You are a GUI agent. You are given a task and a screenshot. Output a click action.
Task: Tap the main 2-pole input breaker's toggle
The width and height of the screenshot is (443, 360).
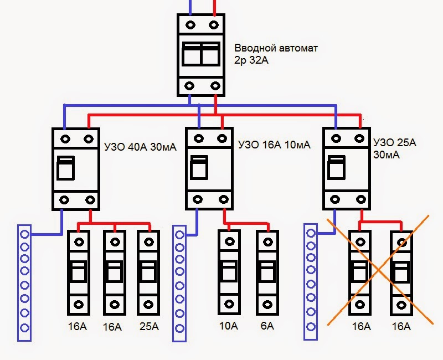click(x=201, y=55)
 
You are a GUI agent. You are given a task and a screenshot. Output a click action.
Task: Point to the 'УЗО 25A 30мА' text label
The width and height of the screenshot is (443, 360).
click(x=395, y=148)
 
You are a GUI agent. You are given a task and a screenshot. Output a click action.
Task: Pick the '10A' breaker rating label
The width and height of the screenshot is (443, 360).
click(x=227, y=327)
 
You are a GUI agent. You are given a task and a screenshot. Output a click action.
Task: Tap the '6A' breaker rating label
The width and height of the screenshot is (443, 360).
click(x=266, y=327)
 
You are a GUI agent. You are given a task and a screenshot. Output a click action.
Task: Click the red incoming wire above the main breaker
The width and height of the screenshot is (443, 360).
click(x=214, y=7)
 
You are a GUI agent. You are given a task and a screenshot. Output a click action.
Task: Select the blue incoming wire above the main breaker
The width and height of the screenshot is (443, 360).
click(x=190, y=7)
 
